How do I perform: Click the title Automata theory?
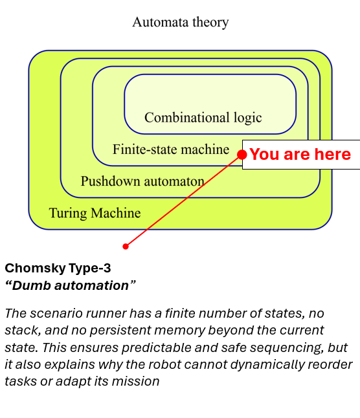(180, 23)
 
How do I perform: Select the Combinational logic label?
(203, 118)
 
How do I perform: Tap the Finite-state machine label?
(171, 149)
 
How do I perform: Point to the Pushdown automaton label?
(142, 181)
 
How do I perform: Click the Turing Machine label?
(95, 213)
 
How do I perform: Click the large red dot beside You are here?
(242, 155)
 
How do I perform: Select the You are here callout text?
(300, 155)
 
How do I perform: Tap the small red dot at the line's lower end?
(126, 246)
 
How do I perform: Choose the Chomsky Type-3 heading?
(54, 268)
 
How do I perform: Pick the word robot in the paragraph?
(208, 364)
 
